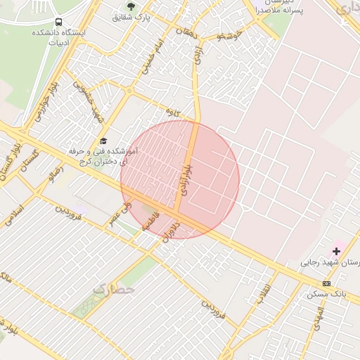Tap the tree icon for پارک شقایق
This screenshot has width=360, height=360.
(130, 6)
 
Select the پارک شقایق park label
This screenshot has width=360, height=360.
(131, 17)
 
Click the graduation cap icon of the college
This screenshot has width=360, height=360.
(104, 141)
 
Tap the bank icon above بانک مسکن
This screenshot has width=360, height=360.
(326, 283)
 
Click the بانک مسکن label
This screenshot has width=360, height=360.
(326, 293)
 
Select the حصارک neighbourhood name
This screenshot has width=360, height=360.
(114, 288)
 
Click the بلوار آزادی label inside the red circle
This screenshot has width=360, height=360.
(184, 176)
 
